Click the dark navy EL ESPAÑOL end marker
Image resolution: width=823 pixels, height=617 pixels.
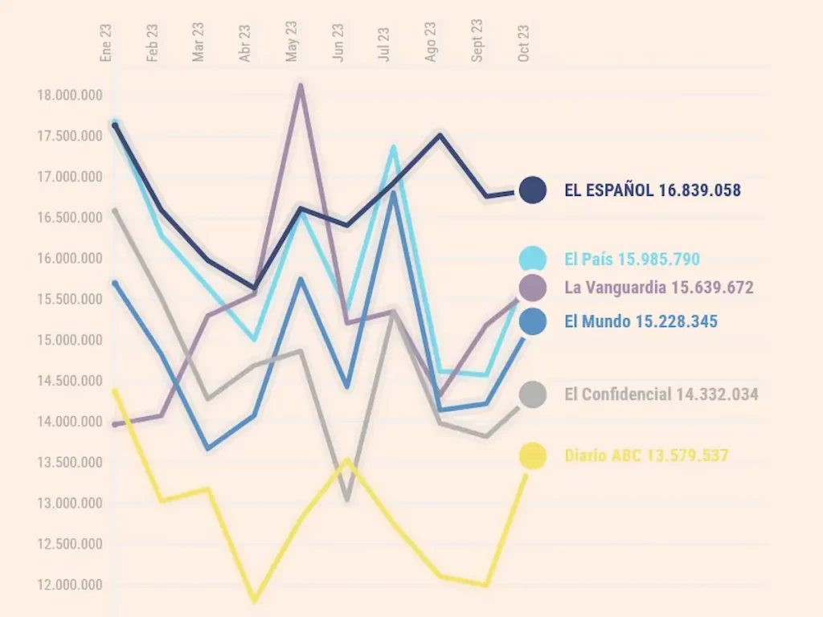(532, 190)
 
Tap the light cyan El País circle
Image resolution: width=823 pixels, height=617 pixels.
(532, 259)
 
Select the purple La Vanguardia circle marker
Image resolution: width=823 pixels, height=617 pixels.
(532, 287)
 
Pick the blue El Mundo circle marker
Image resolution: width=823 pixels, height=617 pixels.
(532, 321)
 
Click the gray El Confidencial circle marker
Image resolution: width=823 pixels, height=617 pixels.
(532, 394)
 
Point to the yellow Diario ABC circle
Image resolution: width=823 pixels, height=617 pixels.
(532, 456)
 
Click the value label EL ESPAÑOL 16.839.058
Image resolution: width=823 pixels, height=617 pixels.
(652, 190)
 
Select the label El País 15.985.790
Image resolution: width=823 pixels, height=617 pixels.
(632, 259)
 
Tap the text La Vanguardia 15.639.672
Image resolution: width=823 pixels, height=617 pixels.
(659, 287)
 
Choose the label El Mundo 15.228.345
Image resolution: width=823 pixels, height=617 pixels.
(641, 321)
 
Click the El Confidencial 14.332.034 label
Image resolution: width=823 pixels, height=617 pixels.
(661, 394)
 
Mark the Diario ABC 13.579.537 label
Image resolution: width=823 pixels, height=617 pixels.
(646, 456)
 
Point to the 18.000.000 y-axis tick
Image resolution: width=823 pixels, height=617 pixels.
(70, 96)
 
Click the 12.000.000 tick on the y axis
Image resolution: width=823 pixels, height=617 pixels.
(70, 585)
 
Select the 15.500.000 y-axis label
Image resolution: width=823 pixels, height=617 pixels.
(70, 300)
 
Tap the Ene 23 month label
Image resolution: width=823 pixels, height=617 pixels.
(106, 43)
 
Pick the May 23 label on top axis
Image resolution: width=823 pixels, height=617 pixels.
(292, 42)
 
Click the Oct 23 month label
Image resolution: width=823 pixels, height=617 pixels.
(524, 43)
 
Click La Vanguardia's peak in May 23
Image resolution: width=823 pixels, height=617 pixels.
(300, 85)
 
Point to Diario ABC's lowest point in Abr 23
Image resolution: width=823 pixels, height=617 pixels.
(255, 599)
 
